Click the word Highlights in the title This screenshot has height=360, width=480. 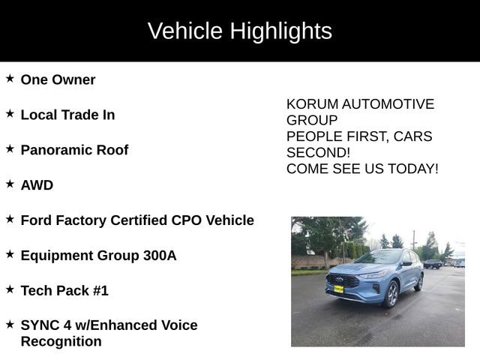281,31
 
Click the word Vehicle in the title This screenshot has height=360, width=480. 185,31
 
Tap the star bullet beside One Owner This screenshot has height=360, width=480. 10,79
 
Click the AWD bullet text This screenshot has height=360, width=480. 37,185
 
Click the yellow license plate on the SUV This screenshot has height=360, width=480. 339,289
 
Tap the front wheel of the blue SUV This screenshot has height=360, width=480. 391,294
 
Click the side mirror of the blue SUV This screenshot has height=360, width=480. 406,264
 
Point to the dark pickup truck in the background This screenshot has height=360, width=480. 433,264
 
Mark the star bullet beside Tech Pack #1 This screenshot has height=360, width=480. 10,289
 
